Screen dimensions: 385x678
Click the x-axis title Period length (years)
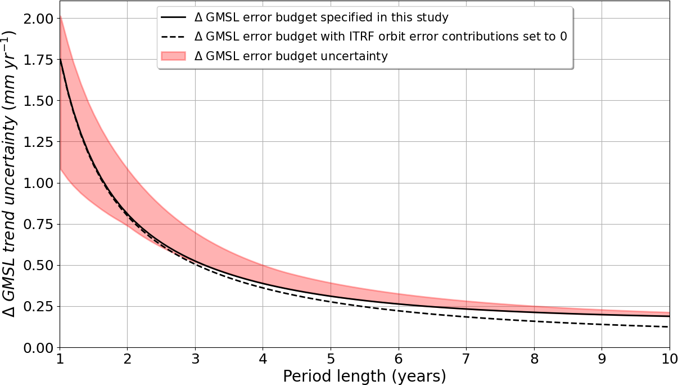click(x=364, y=376)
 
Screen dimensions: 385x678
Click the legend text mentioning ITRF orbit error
click(x=380, y=37)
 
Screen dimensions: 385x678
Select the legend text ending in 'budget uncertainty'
click(x=291, y=56)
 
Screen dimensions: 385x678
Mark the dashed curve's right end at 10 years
click(x=668, y=326)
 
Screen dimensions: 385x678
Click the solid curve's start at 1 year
click(x=60, y=60)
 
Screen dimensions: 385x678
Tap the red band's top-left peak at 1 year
click(x=60, y=18)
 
